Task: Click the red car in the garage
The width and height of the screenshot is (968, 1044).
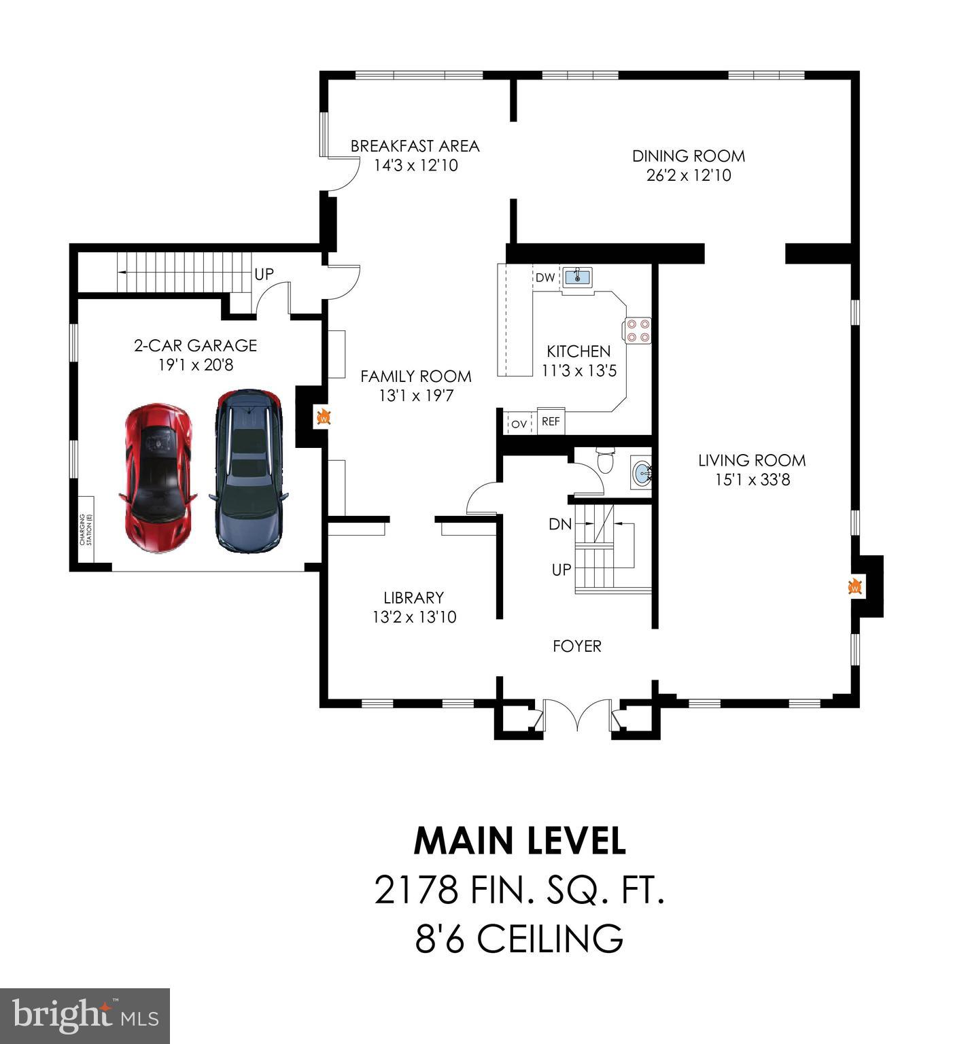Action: click(158, 478)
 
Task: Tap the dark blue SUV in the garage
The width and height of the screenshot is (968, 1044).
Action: click(248, 470)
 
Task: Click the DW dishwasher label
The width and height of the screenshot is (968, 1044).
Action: click(545, 277)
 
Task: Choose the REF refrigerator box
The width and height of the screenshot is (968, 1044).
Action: click(551, 421)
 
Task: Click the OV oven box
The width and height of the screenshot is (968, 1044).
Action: click(519, 423)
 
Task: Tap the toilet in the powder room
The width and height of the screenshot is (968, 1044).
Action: click(604, 460)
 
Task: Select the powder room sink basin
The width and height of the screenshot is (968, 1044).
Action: click(640, 472)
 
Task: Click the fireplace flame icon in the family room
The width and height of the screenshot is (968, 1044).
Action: click(324, 417)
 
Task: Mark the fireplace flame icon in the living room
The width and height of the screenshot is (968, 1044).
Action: click(854, 586)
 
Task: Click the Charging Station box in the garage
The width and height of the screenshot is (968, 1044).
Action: click(86, 529)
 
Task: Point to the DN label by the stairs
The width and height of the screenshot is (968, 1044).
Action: click(560, 524)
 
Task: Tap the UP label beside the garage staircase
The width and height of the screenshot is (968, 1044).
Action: click(264, 274)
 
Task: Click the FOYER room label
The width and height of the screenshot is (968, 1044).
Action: click(576, 646)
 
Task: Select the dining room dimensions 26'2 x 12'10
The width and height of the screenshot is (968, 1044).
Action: click(689, 175)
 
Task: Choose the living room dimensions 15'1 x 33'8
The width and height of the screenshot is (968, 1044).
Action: click(752, 480)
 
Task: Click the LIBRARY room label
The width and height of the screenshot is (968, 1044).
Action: click(413, 597)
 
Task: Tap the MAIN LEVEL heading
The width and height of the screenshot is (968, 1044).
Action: click(519, 841)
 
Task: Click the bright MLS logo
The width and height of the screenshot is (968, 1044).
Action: click(85, 1016)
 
